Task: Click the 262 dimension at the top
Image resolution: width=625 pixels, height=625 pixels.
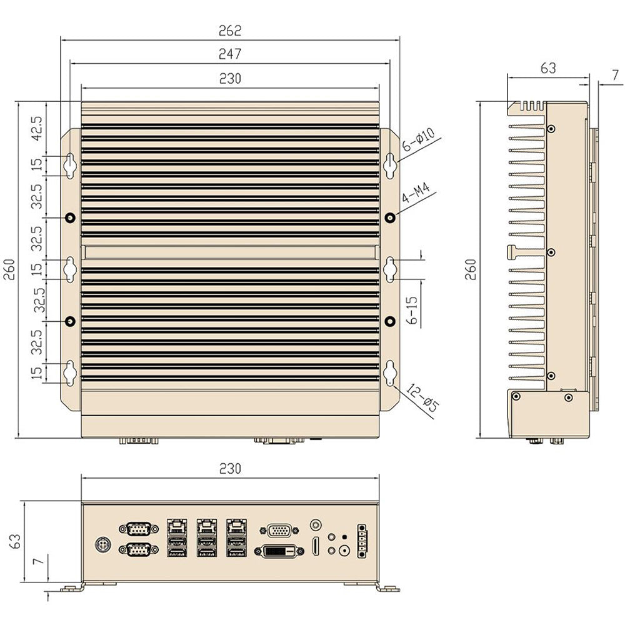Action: click(230, 30)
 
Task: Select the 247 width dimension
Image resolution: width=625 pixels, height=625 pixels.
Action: click(230, 54)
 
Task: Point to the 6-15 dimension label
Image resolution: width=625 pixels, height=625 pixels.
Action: click(411, 309)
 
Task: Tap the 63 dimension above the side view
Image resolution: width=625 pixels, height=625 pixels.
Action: click(547, 69)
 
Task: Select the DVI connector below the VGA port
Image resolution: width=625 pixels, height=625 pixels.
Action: click(279, 552)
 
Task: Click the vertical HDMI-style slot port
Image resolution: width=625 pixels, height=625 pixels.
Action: click(316, 546)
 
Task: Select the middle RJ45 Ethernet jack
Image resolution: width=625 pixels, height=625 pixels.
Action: click(206, 525)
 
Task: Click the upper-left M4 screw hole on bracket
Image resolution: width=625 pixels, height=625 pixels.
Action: click(71, 217)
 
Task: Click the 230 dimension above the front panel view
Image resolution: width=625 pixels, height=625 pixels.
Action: click(230, 468)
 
